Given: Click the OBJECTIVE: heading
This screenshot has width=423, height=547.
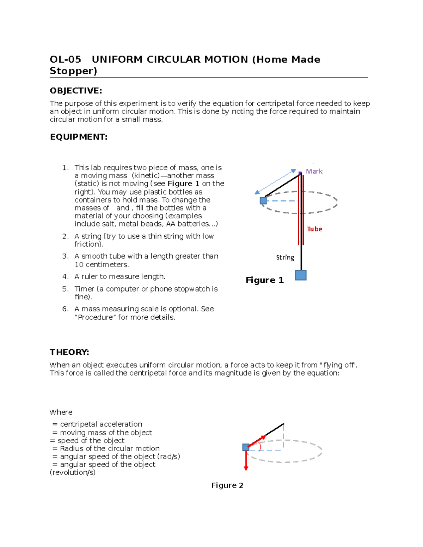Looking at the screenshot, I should (x=76, y=91).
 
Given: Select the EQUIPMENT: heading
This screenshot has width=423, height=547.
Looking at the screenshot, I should (x=79, y=137).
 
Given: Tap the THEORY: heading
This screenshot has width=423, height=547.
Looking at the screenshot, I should (x=69, y=352).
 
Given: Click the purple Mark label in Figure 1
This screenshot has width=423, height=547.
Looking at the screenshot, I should (x=314, y=172).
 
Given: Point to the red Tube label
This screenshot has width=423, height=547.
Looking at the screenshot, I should (x=314, y=229).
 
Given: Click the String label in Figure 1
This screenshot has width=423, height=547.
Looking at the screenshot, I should (x=285, y=257).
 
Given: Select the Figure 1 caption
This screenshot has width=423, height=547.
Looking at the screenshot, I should (x=264, y=280).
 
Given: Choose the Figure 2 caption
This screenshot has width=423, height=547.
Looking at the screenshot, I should (x=227, y=485).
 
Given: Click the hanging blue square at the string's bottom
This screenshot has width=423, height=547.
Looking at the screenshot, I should (x=301, y=275).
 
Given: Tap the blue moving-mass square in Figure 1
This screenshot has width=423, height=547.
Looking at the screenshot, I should (x=263, y=201).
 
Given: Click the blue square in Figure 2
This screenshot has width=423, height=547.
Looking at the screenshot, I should (x=246, y=447).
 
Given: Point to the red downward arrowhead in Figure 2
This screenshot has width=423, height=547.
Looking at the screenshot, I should (x=246, y=468).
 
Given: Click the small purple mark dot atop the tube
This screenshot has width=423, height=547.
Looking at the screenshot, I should (x=300, y=173).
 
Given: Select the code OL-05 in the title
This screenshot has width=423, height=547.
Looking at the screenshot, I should (x=65, y=60).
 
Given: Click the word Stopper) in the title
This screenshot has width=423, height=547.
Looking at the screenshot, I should (x=73, y=71).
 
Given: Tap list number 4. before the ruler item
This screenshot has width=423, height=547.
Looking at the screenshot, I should (x=65, y=277).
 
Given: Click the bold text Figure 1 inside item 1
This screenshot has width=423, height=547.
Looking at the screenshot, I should (x=183, y=184).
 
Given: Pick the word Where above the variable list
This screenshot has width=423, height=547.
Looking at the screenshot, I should (x=61, y=412).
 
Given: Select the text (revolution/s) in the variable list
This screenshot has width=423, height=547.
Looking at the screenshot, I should (x=73, y=473).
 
